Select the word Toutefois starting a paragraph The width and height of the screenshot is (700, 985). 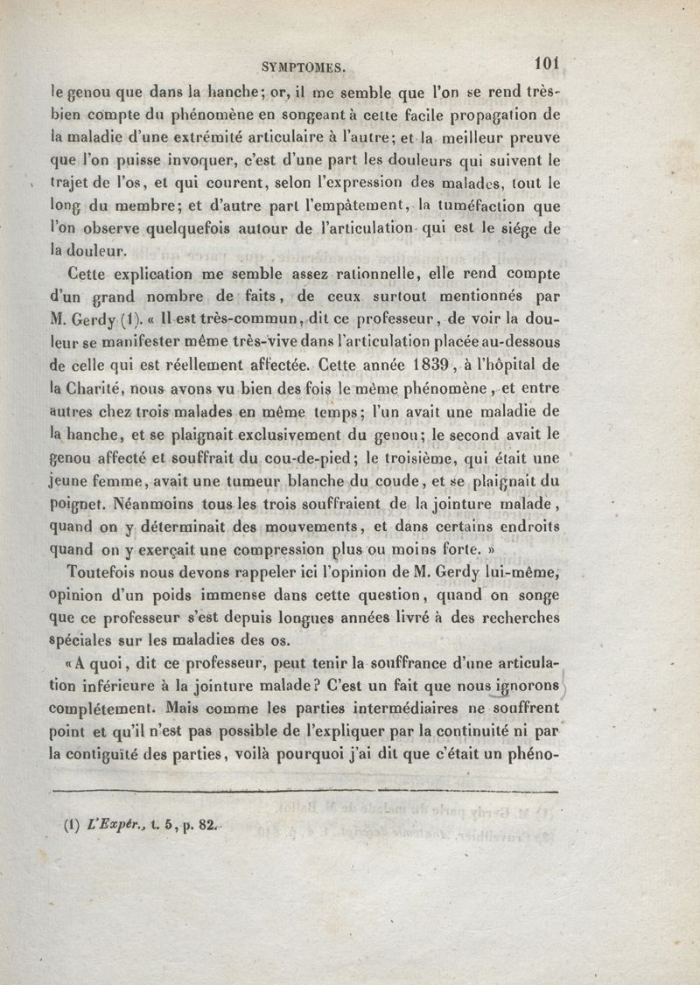(105, 573)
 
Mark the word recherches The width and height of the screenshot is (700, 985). (511, 618)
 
